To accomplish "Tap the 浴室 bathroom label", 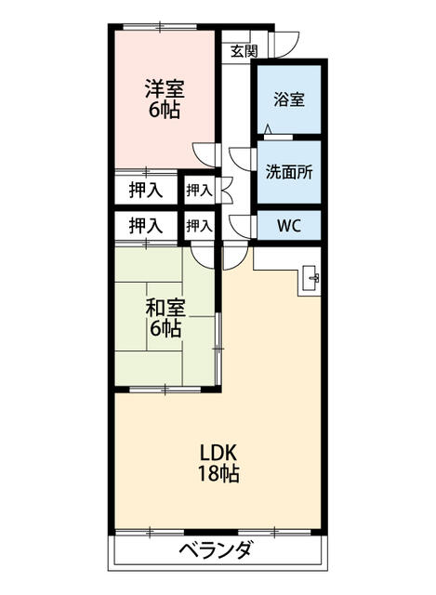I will click(289, 99).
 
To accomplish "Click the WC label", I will click(288, 225).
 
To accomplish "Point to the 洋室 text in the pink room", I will click(164, 89).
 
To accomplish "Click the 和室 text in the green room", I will click(164, 308).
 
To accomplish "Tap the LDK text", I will click(220, 452).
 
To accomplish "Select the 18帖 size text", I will click(220, 474).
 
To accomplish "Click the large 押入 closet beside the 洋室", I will click(146, 191).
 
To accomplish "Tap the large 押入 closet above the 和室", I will click(146, 225).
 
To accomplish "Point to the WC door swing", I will click(243, 226).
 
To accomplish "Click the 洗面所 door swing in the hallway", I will click(244, 159).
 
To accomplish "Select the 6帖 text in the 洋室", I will click(164, 110).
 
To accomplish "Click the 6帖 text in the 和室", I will click(164, 329).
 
